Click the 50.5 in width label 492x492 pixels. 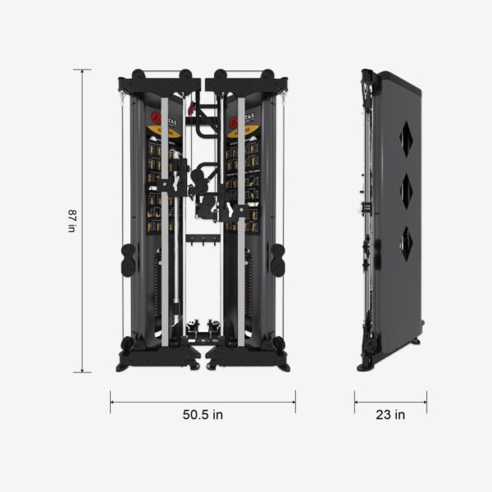tap(203, 415)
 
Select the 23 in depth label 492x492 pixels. tap(390, 415)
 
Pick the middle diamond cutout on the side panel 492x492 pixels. tap(408, 189)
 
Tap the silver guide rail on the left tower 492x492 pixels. tap(165, 221)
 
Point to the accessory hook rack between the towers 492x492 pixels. tap(203, 240)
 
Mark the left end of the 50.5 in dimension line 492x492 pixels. tap(111, 401)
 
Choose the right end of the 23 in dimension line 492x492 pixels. tap(426, 401)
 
